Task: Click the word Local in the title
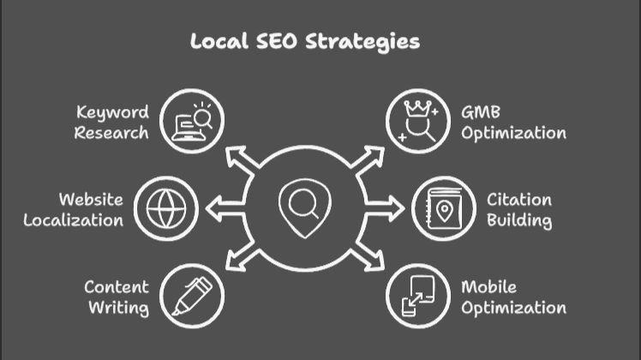click(x=219, y=41)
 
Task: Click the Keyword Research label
click(x=111, y=123)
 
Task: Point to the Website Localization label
click(x=74, y=210)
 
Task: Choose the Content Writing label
click(x=117, y=297)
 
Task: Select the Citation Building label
click(x=519, y=210)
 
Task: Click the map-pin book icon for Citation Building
click(x=443, y=208)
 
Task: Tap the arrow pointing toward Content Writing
click(x=239, y=255)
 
